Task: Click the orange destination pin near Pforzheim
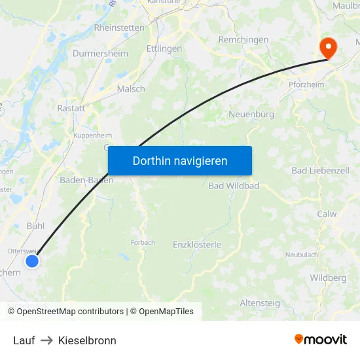tap(326, 47)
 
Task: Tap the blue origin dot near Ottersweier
tap(31, 261)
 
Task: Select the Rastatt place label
tap(71, 108)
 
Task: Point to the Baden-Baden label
tap(86, 180)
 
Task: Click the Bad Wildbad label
tap(234, 186)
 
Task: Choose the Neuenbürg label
tap(251, 115)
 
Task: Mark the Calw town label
tap(327, 214)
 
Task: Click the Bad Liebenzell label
tap(320, 171)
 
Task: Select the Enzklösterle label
tap(197, 245)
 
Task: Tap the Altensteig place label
tap(260, 303)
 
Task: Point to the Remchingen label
tap(243, 40)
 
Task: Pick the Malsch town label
tap(131, 89)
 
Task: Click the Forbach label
tap(143, 242)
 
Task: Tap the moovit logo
tap(320, 340)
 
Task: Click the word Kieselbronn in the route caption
tap(87, 340)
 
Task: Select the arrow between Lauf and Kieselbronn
tap(46, 340)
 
